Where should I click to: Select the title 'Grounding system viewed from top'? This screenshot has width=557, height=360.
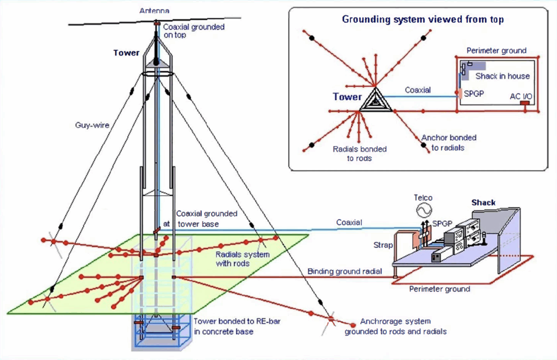point(423,20)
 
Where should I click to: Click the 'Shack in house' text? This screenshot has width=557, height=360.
point(502,76)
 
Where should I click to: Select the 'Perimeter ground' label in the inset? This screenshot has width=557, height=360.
point(497,51)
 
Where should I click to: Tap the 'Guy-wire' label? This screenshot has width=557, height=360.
point(92,125)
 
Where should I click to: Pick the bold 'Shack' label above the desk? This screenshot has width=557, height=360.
point(483,202)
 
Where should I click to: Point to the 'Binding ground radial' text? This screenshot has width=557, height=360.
point(345,271)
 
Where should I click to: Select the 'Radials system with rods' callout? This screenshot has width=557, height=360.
point(242,259)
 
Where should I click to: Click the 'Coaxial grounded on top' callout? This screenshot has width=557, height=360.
point(193,31)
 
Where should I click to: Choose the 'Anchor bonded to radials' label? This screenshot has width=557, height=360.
point(449,142)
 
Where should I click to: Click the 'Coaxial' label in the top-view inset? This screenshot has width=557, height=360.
point(418,90)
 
